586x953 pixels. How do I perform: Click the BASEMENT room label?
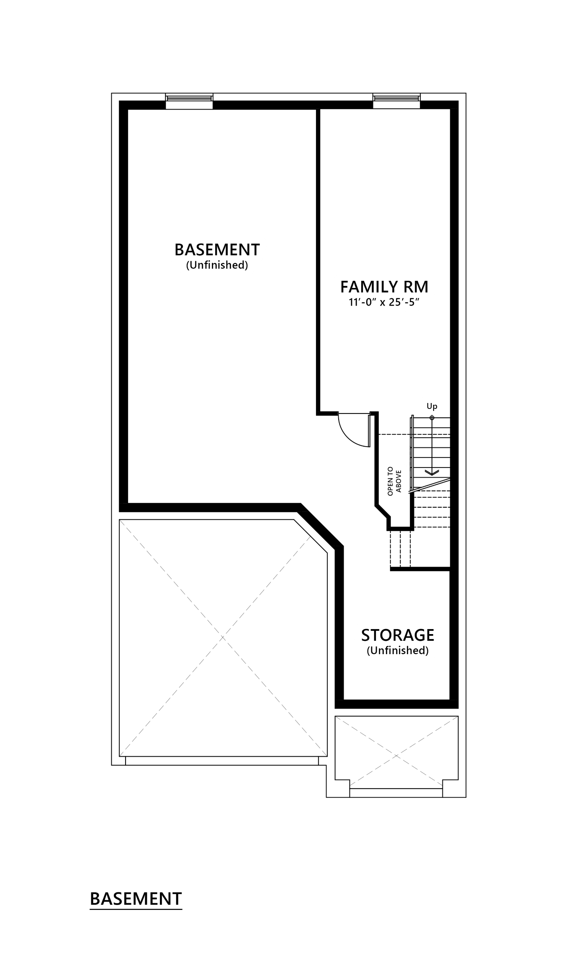[x=217, y=249]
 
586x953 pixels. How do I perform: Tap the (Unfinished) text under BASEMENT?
[x=217, y=265]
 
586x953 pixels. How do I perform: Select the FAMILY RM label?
[x=384, y=287]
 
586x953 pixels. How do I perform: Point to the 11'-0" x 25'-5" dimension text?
[x=384, y=302]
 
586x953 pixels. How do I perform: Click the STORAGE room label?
[x=398, y=635]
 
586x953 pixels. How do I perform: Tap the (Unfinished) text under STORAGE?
[x=398, y=650]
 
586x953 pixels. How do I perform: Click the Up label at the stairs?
[x=432, y=406]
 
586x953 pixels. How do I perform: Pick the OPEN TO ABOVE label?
[x=394, y=481]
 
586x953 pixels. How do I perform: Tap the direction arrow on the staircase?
[x=432, y=472]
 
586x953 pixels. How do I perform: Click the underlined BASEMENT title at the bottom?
[x=136, y=899]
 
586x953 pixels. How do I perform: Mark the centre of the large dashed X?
[x=223, y=638]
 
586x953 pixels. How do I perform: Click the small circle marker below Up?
[x=432, y=417]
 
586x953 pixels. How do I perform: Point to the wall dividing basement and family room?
[x=318, y=259]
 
